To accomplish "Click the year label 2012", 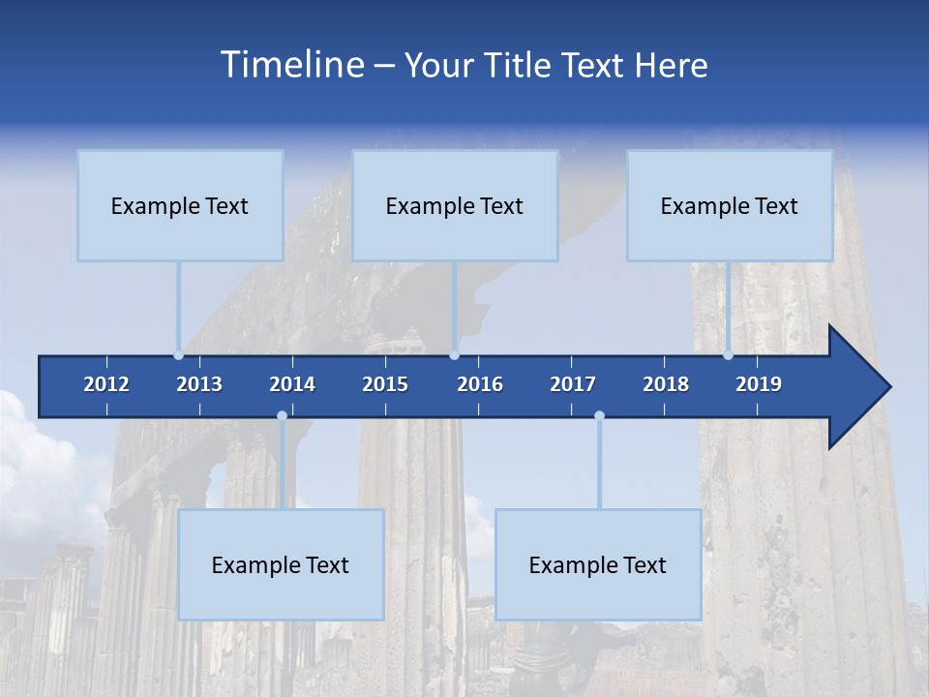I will pyautogui.click(x=106, y=384).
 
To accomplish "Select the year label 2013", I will pyautogui.click(x=199, y=384).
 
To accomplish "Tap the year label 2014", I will pyautogui.click(x=292, y=384).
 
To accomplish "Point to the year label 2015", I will pyautogui.click(x=385, y=384).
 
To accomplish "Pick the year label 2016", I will pyautogui.click(x=480, y=384).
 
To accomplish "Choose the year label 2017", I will pyautogui.click(x=573, y=384).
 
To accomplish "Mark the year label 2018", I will pyautogui.click(x=666, y=384).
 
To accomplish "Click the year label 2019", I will pyautogui.click(x=759, y=384).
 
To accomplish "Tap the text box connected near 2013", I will pyautogui.click(x=180, y=205).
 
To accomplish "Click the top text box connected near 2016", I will pyautogui.click(x=455, y=205).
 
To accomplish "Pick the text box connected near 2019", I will pyautogui.click(x=730, y=205).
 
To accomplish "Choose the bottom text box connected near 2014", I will pyautogui.click(x=281, y=564).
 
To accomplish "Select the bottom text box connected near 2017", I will pyautogui.click(x=598, y=564).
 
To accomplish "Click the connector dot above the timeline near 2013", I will pyautogui.click(x=179, y=355).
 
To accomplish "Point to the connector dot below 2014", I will pyautogui.click(x=282, y=416).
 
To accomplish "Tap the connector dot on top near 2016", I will pyautogui.click(x=454, y=355).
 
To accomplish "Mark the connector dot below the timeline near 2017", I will pyautogui.click(x=599, y=416).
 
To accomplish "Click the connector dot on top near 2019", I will pyautogui.click(x=729, y=355).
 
